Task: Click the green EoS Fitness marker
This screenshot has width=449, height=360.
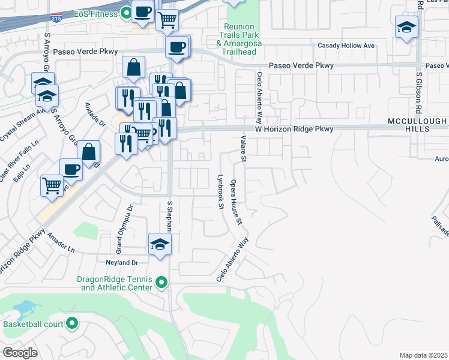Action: [126, 12]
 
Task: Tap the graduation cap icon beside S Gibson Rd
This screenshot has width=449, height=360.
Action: [406, 28]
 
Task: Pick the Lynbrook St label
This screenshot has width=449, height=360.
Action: [220, 193]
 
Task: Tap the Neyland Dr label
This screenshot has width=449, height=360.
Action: [122, 263]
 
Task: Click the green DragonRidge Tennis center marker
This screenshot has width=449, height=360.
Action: [161, 282]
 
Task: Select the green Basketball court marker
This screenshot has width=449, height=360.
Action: [72, 324]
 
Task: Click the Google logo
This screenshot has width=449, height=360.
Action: [20, 353]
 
